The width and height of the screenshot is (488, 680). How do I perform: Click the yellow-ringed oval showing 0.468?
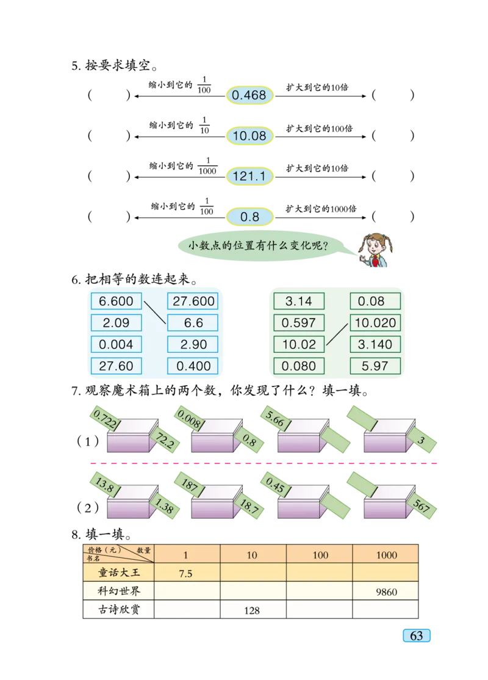[249, 95]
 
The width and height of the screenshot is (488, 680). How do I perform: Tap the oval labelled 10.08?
[249, 136]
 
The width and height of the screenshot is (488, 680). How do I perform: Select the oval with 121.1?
[249, 176]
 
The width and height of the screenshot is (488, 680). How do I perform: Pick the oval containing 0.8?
[249, 217]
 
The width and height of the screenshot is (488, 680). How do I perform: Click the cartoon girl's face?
[375, 246]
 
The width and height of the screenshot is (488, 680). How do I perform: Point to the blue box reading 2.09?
[116, 322]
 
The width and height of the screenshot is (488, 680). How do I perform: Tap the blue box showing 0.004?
[116, 344]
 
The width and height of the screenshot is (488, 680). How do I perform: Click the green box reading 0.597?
[299, 322]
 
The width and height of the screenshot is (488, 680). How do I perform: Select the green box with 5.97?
[375, 366]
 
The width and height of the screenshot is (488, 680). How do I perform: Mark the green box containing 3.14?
[299, 301]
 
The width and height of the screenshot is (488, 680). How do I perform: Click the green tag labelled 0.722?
[104, 417]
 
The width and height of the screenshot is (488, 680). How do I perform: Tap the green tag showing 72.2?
[166, 441]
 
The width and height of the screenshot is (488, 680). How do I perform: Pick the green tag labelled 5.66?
[276, 417]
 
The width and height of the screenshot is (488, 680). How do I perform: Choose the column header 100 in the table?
[320, 555]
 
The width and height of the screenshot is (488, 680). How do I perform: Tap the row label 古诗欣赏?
[119, 609]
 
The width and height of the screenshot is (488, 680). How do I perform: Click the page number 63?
[417, 636]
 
